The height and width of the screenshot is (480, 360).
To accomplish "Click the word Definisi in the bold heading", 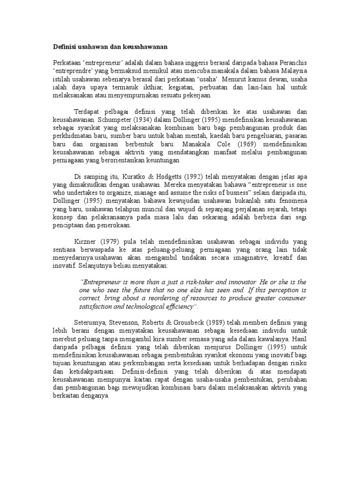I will point(65,47).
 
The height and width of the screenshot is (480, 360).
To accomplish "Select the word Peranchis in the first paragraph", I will point(293,63).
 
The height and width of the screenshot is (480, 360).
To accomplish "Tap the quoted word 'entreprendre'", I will point(74,71).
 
